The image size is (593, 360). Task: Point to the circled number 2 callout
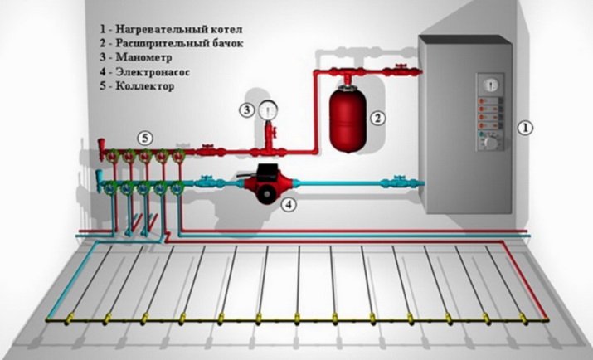377,118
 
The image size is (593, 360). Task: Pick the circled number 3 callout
247,109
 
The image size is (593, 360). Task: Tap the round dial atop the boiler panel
488,83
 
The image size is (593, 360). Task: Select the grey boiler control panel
488,112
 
